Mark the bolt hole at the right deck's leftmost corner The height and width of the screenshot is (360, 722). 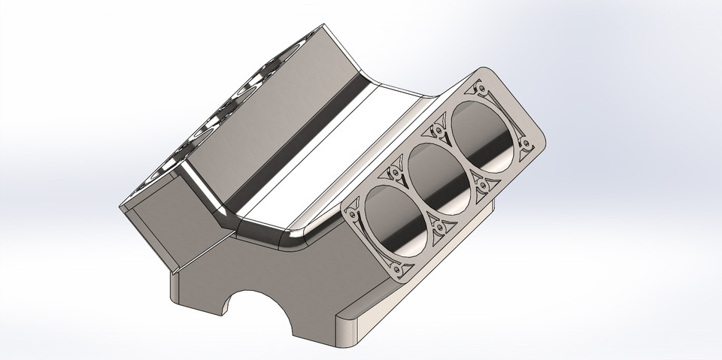tap(350, 213)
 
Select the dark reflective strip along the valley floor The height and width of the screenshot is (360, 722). tap(301, 150)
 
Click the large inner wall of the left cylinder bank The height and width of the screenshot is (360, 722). tap(263, 113)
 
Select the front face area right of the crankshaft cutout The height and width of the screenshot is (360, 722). tap(316, 286)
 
